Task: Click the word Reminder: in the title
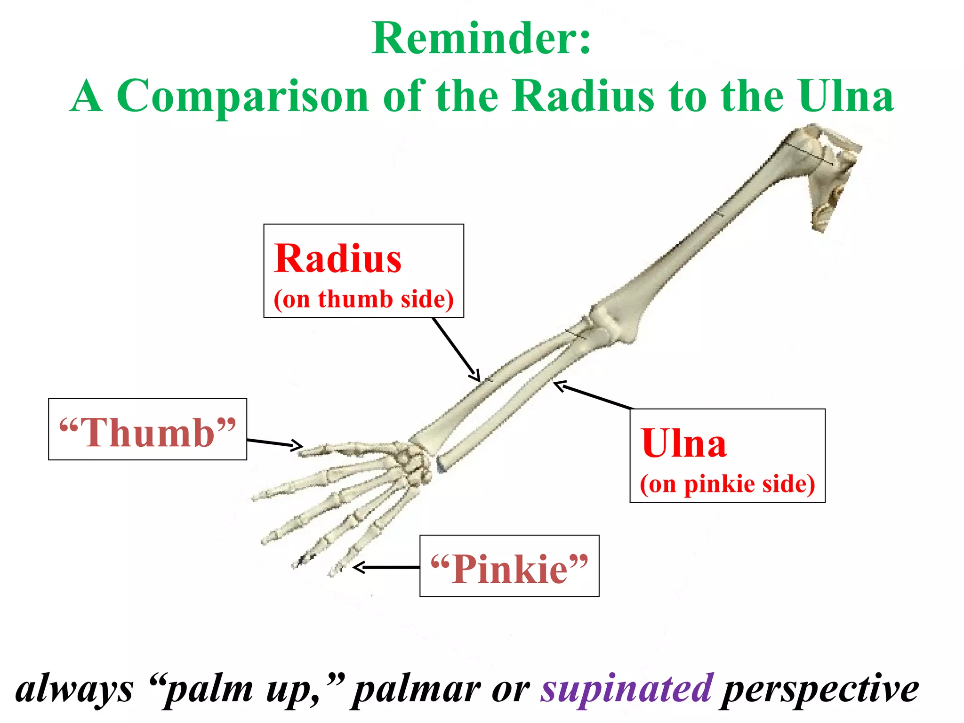[481, 39]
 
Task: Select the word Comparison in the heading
[242, 96]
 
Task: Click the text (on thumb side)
[363, 299]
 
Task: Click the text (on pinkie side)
[727, 484]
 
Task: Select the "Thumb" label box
[147, 429]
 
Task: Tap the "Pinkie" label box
[509, 566]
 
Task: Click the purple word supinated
[627, 688]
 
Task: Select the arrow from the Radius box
[456, 349]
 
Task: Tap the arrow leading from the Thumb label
[274, 443]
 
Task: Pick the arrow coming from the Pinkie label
[386, 568]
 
